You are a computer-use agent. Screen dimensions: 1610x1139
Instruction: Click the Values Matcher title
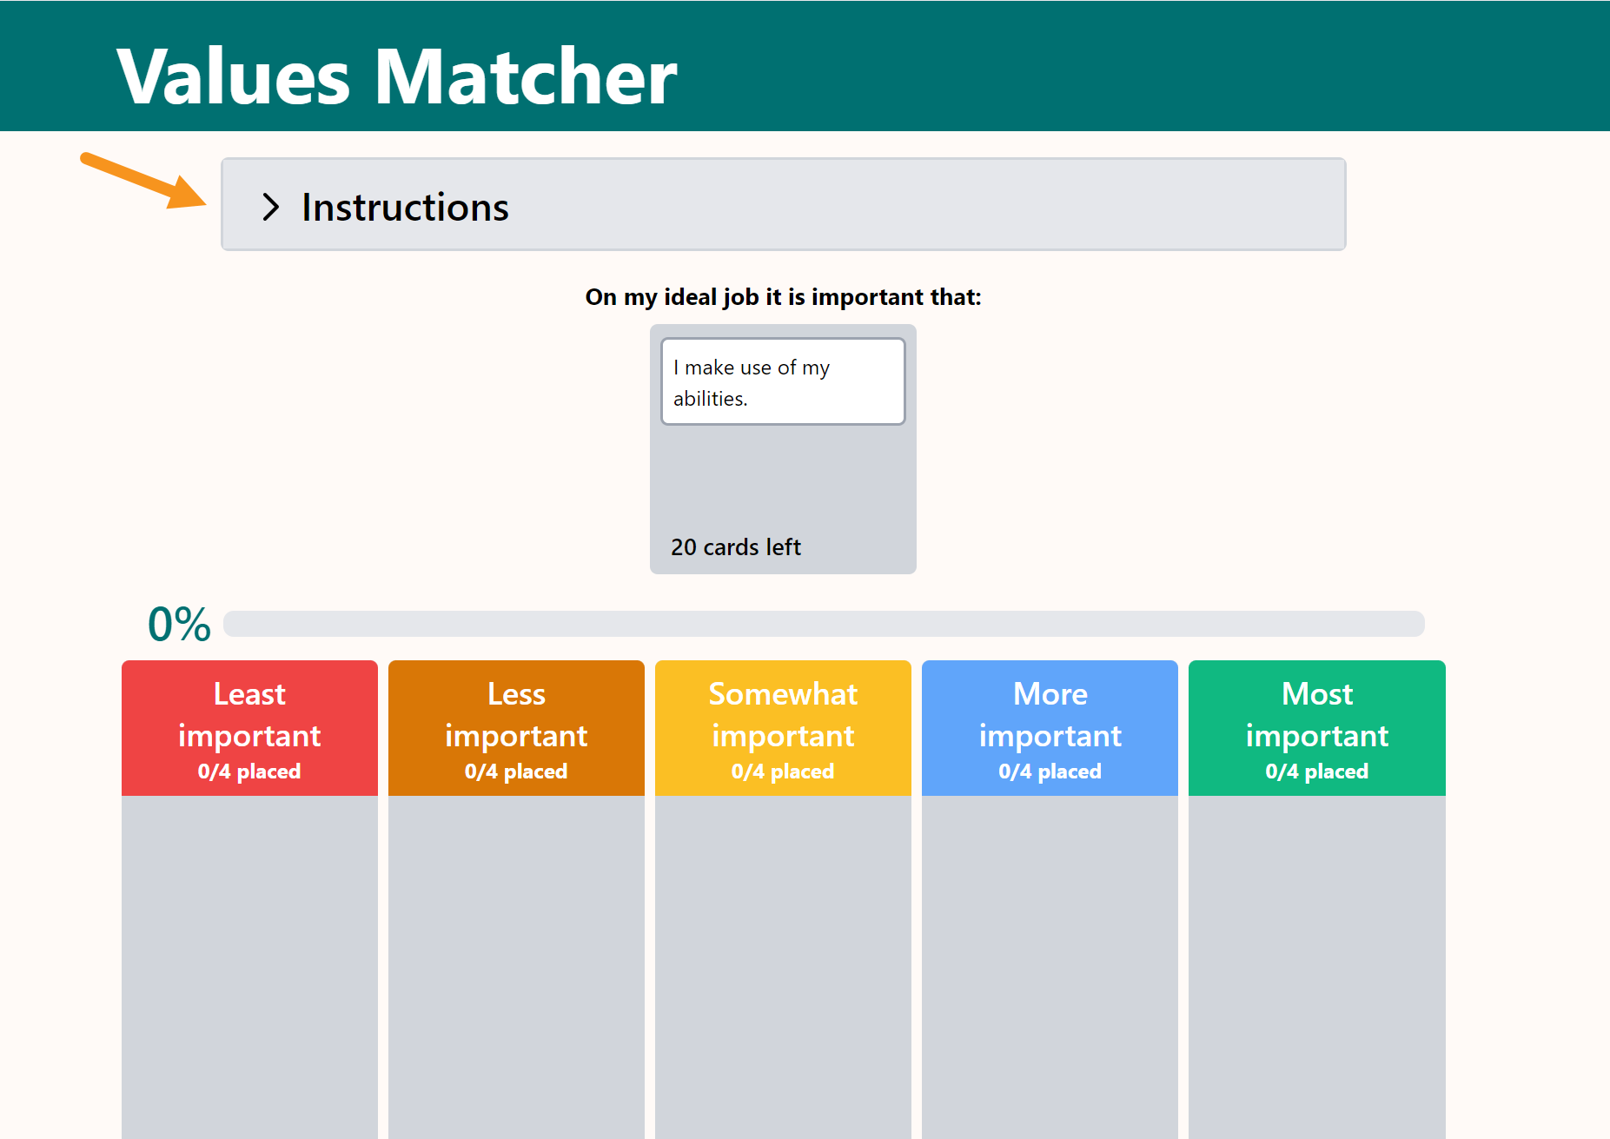(396, 76)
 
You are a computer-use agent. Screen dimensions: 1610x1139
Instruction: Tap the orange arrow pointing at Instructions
(143, 181)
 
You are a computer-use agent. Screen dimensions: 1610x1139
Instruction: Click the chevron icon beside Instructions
(270, 207)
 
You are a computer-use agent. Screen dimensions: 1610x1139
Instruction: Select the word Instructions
(405, 208)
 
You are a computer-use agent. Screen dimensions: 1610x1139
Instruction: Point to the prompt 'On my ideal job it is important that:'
(783, 297)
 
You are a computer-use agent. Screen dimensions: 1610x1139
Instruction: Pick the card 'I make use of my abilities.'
(783, 381)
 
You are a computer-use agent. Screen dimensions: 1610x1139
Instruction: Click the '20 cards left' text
(736, 547)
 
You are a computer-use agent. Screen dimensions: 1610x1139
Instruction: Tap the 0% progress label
(179, 624)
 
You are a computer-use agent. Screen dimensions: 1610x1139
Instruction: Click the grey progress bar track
(824, 624)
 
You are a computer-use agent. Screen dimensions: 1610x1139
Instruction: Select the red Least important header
(249, 728)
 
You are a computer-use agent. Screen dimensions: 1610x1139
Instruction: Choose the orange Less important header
(516, 728)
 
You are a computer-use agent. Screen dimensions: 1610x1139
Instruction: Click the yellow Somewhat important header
(783, 728)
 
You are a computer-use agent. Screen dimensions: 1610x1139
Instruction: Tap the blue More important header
(1050, 728)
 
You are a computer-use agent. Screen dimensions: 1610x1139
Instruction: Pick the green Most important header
(1317, 728)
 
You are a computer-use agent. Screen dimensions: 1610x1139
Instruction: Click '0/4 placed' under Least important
(249, 771)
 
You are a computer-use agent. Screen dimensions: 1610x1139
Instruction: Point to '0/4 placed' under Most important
(1317, 771)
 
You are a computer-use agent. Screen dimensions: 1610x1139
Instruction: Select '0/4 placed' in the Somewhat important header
(783, 771)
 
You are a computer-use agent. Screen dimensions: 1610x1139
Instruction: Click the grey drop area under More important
(1050, 967)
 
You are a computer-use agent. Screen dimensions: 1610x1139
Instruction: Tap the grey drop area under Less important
(516, 967)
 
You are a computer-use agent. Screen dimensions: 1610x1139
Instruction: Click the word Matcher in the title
(526, 76)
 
